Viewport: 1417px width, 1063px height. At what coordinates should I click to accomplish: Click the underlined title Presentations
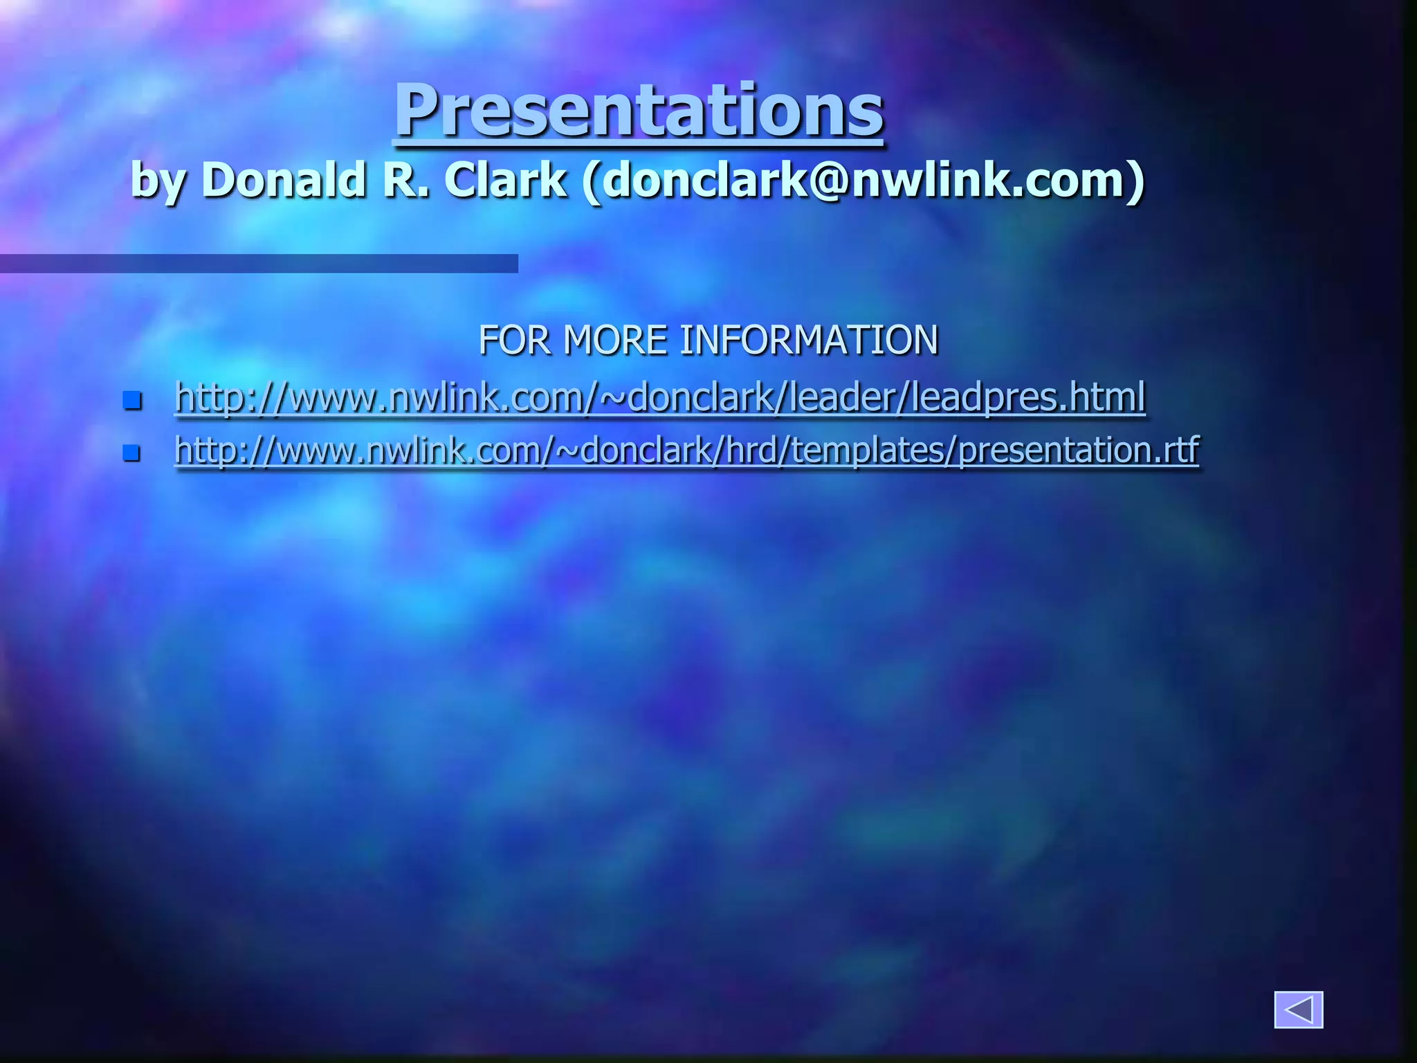tap(639, 111)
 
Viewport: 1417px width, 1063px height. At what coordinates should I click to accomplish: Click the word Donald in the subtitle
tap(284, 180)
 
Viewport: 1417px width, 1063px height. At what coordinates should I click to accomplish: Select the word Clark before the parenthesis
tap(506, 180)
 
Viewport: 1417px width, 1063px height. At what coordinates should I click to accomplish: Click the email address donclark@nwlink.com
tap(862, 180)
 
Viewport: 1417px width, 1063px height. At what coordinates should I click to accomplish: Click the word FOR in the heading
tap(515, 340)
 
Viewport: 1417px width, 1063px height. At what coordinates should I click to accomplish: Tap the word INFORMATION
tap(809, 340)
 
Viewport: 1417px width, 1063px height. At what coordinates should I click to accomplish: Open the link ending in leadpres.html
tap(660, 397)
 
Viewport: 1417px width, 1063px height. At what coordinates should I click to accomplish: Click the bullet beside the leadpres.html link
tap(131, 400)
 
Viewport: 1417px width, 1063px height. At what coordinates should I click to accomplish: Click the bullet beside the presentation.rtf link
tap(131, 453)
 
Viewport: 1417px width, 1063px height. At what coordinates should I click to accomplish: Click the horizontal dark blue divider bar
tap(259, 263)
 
